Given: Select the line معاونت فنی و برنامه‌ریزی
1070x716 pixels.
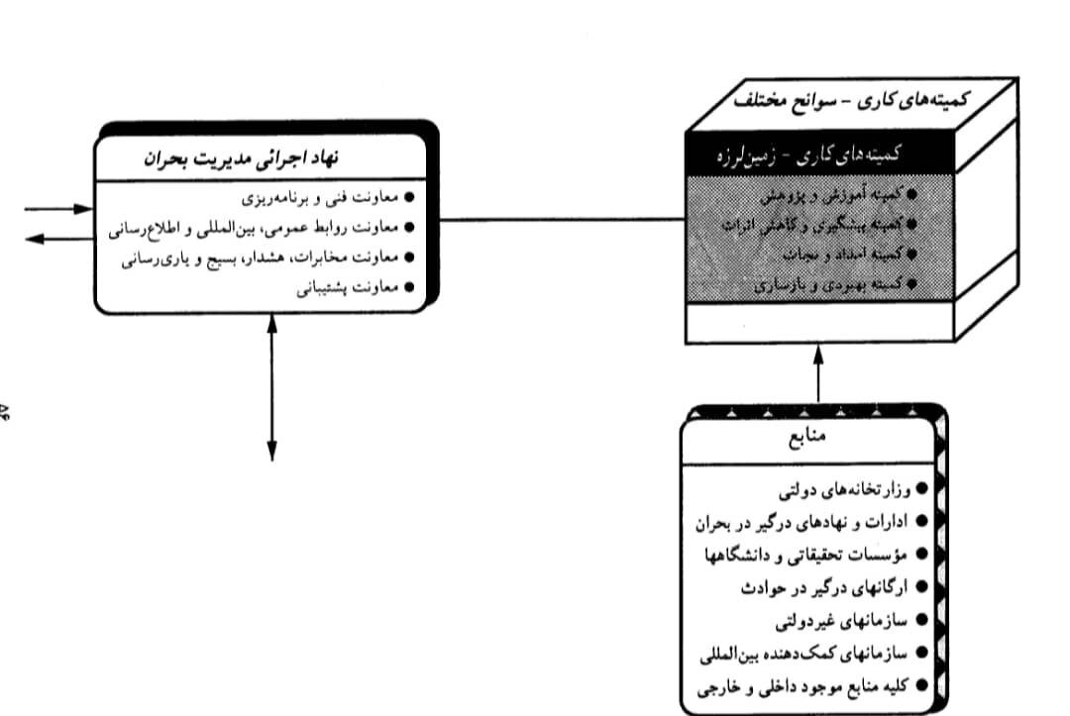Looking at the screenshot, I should (x=327, y=199).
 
